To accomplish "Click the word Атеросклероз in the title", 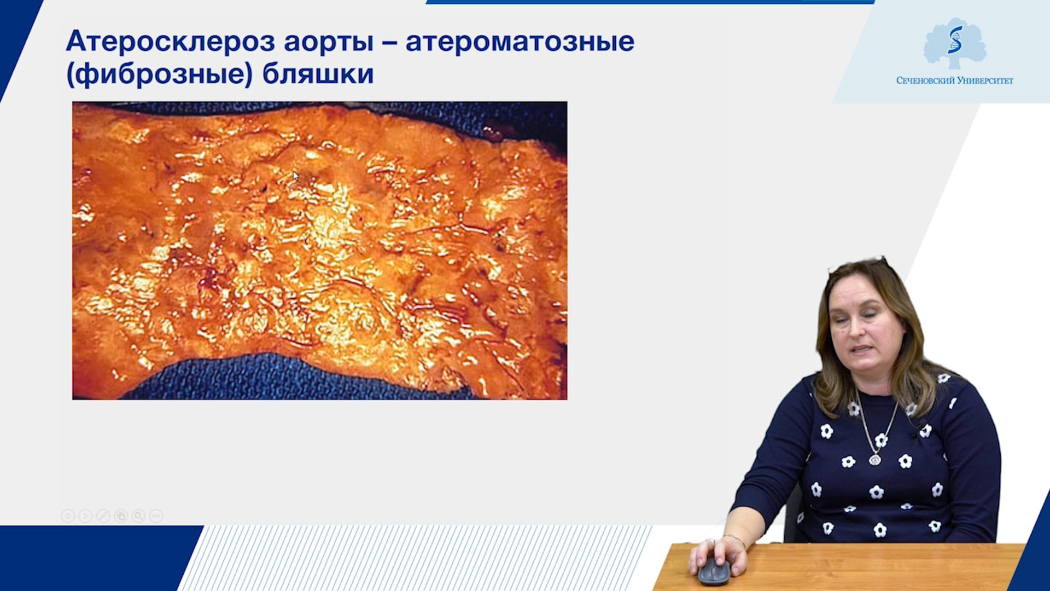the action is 170,42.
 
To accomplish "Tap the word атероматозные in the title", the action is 520,42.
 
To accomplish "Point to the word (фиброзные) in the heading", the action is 159,74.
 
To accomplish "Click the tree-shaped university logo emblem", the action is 955,43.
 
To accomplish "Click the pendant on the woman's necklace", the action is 875,459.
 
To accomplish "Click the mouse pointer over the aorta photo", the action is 296,176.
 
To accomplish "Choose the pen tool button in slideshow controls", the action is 103,515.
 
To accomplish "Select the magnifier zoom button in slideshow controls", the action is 138,515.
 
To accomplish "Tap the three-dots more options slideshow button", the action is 156,515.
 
